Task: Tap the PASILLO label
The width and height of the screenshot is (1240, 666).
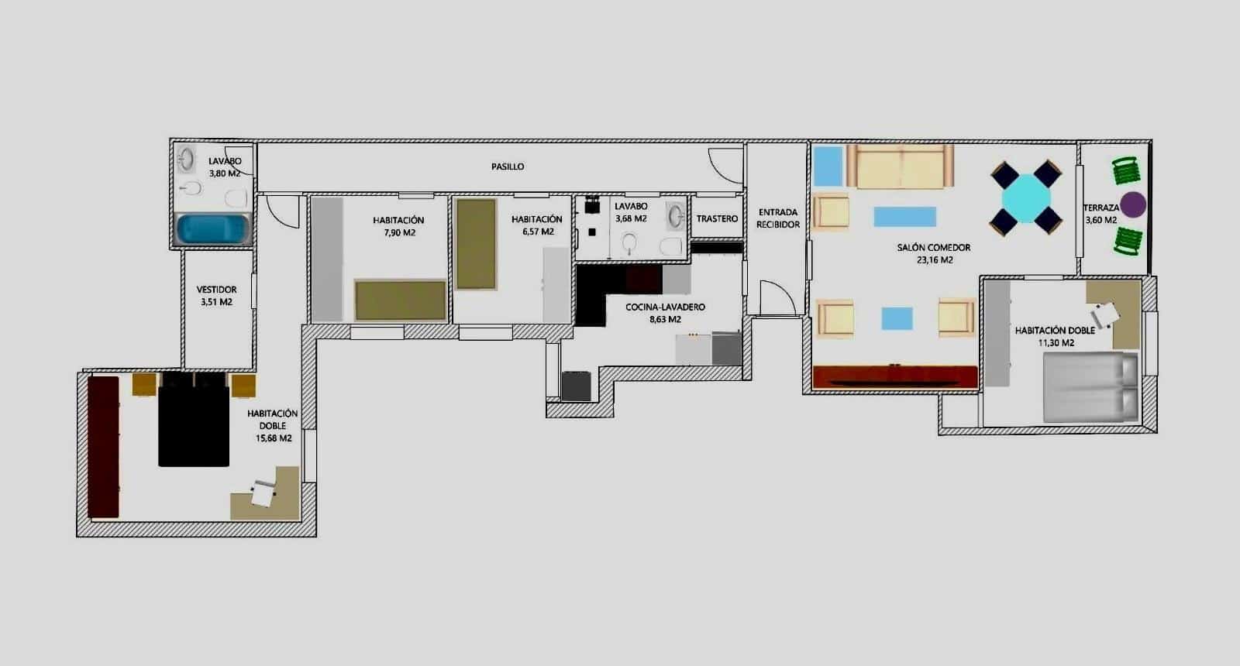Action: pos(508,166)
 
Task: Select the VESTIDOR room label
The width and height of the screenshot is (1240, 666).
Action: pos(216,290)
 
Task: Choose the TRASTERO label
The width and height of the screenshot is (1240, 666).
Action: pos(717,219)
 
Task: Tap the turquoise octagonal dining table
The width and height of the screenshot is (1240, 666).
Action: pos(1026,199)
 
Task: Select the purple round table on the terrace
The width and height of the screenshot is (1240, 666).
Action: pos(1133,204)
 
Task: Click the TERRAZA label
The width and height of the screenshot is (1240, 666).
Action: pos(1100,208)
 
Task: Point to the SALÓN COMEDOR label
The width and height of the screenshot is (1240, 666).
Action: pos(934,248)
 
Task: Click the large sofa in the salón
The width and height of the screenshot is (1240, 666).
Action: pos(900,166)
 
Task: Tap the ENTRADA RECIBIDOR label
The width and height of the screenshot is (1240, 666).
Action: pos(777,218)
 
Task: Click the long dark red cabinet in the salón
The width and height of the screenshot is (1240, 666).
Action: pos(895,376)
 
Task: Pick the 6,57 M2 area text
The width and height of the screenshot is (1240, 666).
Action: pos(538,232)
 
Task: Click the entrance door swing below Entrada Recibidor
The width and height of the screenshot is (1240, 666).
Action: pos(777,297)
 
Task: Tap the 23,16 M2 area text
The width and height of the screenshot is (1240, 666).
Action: pos(935,260)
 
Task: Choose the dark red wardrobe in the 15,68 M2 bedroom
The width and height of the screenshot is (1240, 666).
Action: pos(103,447)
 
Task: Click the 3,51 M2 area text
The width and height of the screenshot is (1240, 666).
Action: pos(216,302)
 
